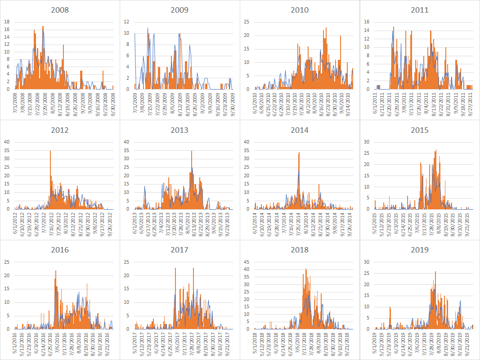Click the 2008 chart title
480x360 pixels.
(x=60, y=10)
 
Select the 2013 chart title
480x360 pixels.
(x=179, y=130)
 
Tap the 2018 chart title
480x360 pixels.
(x=300, y=250)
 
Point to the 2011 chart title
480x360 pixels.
(x=420, y=10)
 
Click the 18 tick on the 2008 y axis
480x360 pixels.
(x=6, y=22)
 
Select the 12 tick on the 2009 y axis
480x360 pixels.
(x=127, y=22)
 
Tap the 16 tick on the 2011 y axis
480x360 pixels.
(x=366, y=22)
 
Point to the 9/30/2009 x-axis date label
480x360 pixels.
(x=233, y=102)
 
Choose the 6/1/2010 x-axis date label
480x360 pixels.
(x=256, y=102)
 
